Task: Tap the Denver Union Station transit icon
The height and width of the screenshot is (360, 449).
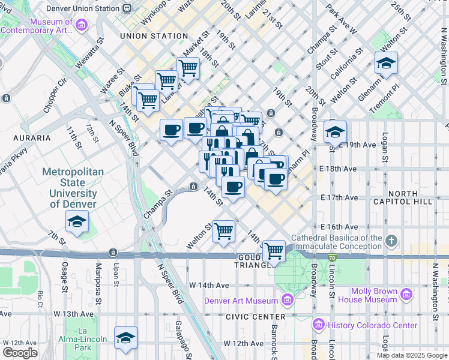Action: click(x=126, y=8)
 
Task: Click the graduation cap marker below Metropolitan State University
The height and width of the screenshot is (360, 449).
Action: click(x=77, y=223)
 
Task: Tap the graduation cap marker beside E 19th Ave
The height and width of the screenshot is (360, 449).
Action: click(x=335, y=132)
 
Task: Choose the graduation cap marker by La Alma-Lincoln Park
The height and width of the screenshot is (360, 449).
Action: click(x=125, y=339)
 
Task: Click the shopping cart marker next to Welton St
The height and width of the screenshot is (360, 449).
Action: click(x=223, y=231)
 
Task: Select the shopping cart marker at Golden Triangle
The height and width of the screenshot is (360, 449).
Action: click(x=274, y=251)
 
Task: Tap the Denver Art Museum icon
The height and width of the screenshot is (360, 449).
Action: click(x=287, y=300)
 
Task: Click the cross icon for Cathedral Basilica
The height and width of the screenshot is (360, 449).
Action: click(x=391, y=242)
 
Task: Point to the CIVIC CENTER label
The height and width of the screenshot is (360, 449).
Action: click(x=252, y=316)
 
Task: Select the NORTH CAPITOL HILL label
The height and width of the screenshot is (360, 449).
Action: click(x=410, y=197)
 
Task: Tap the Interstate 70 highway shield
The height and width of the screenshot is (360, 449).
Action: click(x=332, y=257)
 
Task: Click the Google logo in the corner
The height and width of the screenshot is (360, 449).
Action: click(x=20, y=353)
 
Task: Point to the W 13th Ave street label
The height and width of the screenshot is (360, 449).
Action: click(x=74, y=314)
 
